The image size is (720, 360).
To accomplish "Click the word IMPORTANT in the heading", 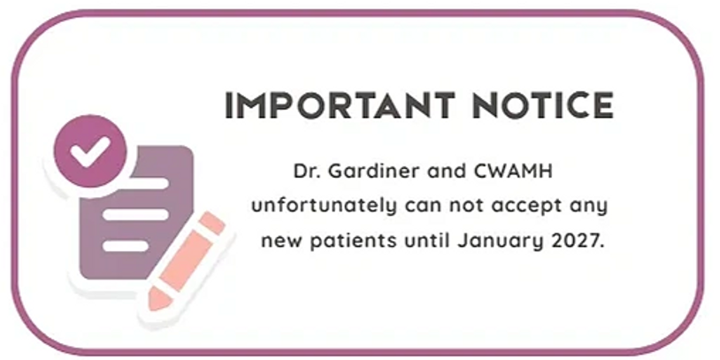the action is pos(340,105).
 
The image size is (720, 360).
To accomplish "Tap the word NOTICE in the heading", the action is pos(543,105).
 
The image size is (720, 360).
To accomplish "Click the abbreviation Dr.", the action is pos(305,172).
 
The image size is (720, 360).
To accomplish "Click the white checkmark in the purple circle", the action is pos(90,151).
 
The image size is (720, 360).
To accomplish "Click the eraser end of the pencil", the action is pos(213,223).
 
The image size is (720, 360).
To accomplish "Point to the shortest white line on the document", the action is pos(125,246).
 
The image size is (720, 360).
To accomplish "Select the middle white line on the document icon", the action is pos(135,214).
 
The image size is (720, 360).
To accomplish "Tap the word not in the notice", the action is pos(465,207).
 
